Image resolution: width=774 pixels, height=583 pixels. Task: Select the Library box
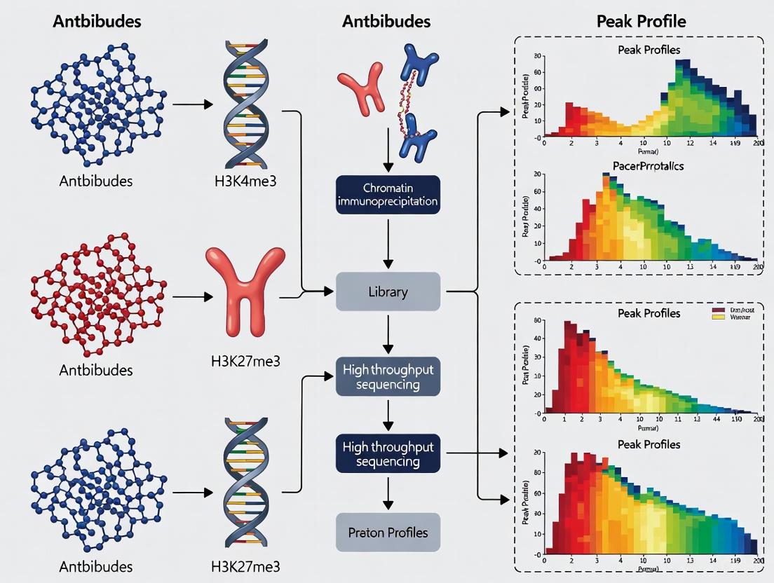point(388,291)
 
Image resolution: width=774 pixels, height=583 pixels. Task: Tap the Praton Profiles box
point(388,533)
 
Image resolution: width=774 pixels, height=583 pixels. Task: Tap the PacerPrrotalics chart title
point(648,166)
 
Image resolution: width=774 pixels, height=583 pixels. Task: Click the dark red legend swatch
point(717,309)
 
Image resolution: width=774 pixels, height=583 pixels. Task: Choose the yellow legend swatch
point(717,317)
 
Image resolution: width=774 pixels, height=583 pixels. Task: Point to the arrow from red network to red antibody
point(191,297)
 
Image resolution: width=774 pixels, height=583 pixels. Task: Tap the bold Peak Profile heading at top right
point(641,21)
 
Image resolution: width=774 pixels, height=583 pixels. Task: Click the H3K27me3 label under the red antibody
point(245,362)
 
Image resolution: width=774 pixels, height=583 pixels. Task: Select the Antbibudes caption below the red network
point(97,369)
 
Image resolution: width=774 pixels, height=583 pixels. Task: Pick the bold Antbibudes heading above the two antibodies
point(386,21)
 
